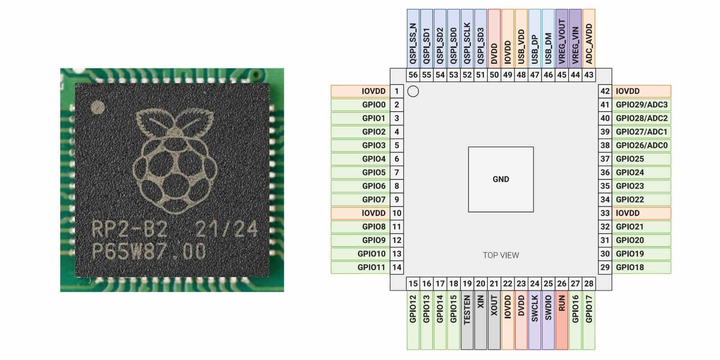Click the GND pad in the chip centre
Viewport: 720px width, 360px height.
click(x=501, y=179)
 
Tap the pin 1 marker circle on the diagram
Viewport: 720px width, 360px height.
click(x=413, y=91)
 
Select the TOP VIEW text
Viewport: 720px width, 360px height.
click(x=501, y=255)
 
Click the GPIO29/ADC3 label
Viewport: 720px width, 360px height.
click(x=642, y=105)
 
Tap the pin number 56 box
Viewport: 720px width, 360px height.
click(x=413, y=75)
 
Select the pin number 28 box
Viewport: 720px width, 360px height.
click(x=589, y=284)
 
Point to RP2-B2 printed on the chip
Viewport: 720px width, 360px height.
click(x=130, y=229)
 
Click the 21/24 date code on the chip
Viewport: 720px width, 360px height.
click(x=227, y=229)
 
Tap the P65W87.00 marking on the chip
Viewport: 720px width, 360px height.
click(x=149, y=251)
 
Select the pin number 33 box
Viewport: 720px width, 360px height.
click(x=605, y=213)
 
